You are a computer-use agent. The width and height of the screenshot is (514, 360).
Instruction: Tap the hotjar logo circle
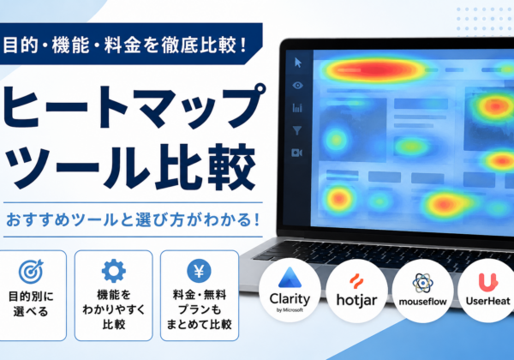coord(356,291)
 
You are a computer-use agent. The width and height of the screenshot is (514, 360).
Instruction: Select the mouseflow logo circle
coord(422,291)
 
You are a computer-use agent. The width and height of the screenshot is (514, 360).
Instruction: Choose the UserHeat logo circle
coord(487,291)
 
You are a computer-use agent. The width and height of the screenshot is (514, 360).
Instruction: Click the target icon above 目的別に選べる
coord(31,272)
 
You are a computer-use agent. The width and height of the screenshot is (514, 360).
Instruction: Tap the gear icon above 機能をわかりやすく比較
coord(113,271)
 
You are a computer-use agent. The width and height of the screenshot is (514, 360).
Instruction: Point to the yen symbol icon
coord(199,271)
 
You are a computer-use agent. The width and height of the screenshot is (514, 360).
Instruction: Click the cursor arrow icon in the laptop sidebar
coord(297,63)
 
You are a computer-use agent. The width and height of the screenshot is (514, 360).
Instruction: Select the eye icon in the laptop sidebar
coord(297,85)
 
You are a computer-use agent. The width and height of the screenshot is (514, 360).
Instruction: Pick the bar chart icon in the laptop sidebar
coord(297,108)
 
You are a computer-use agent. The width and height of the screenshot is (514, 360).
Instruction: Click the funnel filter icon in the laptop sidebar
coord(297,130)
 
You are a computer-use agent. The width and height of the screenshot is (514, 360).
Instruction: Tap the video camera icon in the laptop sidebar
coord(296,153)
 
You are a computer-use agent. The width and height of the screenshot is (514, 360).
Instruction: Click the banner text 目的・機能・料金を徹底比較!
coord(124,45)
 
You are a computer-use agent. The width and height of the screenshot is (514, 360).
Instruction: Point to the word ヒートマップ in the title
coord(134,108)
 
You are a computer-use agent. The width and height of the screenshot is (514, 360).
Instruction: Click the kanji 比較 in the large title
coord(206,167)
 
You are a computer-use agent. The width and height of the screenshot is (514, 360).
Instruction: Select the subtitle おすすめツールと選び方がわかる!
coord(133,219)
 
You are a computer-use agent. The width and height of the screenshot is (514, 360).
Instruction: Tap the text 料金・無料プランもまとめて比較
coord(200,309)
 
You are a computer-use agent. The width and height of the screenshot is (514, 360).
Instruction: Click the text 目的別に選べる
coord(31,303)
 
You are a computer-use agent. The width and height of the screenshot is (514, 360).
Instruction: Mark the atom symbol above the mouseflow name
coord(422,283)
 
